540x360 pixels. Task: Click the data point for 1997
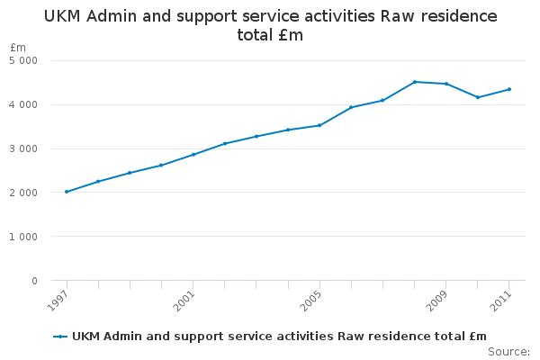pos(67,192)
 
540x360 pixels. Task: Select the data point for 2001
pos(193,154)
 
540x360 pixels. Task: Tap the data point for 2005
pos(319,125)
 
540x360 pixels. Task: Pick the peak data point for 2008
pos(415,82)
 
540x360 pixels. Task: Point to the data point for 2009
pos(446,84)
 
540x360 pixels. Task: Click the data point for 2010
pos(478,97)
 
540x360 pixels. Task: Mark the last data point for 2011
pos(509,89)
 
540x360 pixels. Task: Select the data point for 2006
pos(351,107)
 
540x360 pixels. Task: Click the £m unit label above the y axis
pos(18,47)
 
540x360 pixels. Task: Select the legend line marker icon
pos(60,337)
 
